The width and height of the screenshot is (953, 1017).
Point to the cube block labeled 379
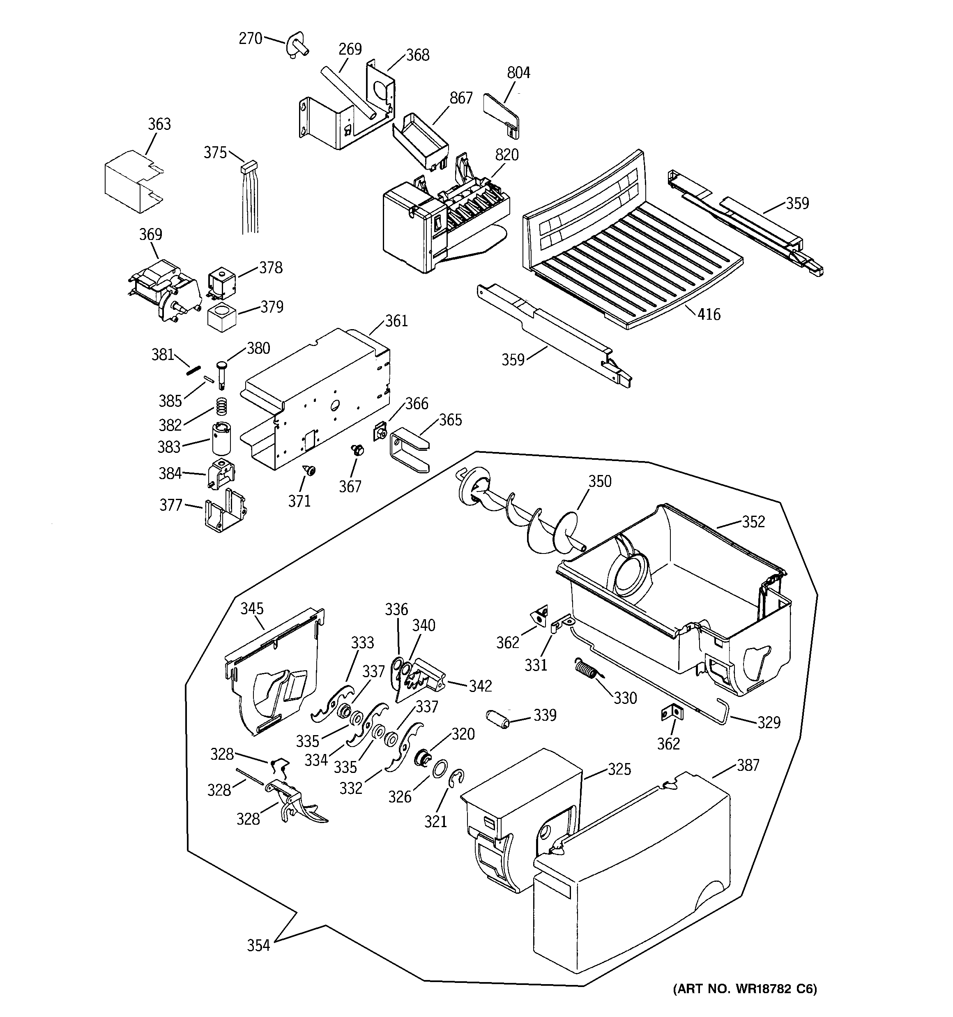(x=222, y=317)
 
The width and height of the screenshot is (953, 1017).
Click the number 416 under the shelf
(x=709, y=314)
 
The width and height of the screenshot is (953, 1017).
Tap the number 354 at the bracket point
(x=258, y=946)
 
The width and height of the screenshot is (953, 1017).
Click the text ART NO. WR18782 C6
(x=745, y=989)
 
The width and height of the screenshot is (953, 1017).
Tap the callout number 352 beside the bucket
(x=753, y=522)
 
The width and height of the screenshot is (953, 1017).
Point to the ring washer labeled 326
(x=438, y=769)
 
